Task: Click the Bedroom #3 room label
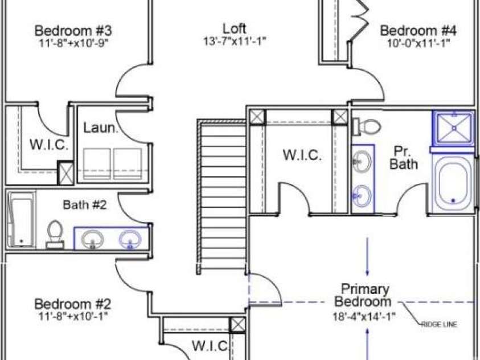point(73,31)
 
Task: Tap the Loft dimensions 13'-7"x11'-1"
point(235,40)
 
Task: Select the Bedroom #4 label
point(418,31)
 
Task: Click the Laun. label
point(101,128)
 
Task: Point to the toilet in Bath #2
point(55,234)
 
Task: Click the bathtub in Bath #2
point(21,219)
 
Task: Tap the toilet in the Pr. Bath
point(367,126)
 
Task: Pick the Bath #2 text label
point(85,204)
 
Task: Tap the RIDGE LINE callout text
point(439,324)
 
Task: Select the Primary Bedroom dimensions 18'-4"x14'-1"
point(364,316)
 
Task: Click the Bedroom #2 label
point(72,304)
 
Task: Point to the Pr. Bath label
point(404,158)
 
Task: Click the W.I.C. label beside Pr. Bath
point(302,155)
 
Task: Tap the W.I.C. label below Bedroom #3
point(49,145)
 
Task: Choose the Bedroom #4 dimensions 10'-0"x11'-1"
point(419,43)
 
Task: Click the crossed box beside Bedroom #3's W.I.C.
point(66,173)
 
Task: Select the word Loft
point(235,28)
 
